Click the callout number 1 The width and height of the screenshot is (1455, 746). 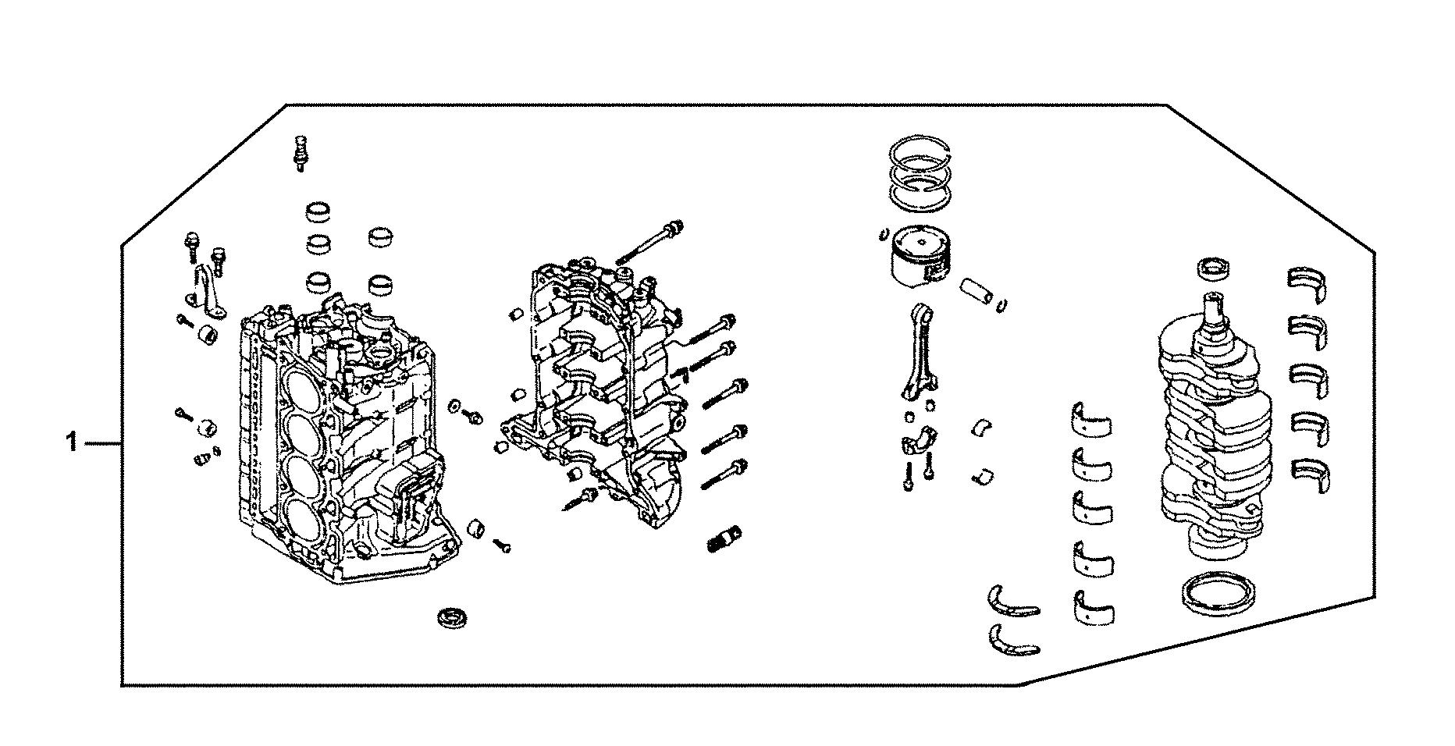71,444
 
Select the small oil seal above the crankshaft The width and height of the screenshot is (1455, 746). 1215,268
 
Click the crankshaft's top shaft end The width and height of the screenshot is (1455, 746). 1216,308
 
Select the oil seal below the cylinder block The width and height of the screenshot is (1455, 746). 451,617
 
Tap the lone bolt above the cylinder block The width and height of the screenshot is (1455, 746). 299,151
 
